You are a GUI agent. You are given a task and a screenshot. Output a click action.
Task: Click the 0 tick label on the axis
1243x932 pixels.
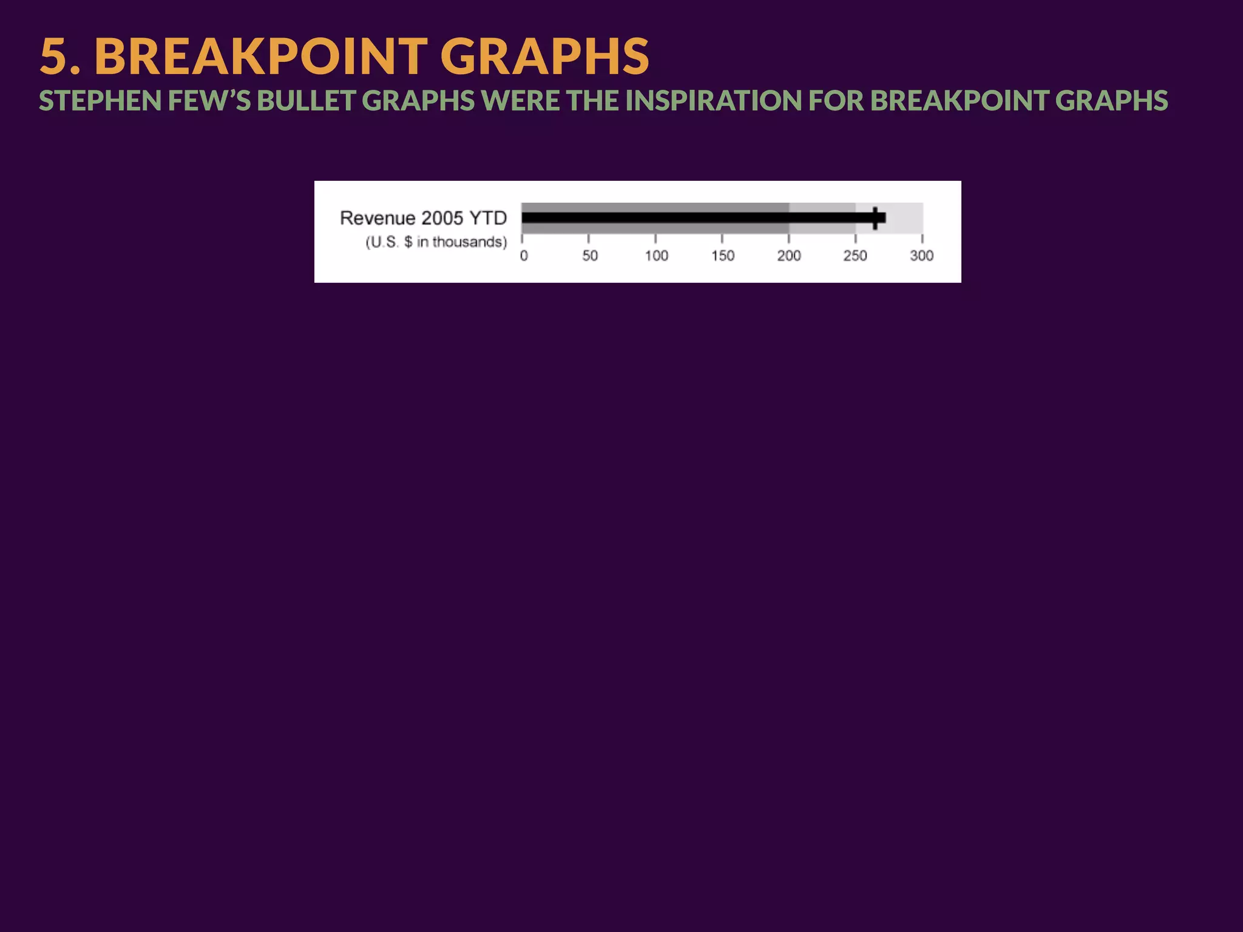pos(524,256)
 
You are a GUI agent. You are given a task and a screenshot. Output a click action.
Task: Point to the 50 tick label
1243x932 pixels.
pos(590,256)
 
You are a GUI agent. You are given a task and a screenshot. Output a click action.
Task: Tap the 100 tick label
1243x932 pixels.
pos(656,256)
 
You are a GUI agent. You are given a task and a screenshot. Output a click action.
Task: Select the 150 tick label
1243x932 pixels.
pos(723,256)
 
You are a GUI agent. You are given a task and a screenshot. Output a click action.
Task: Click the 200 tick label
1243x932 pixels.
pos(789,256)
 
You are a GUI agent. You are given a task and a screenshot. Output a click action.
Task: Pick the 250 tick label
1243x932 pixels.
pos(855,256)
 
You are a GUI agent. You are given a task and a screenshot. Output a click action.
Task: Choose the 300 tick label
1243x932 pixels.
pos(921,256)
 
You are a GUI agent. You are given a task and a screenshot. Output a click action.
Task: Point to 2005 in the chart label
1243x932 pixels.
pos(442,218)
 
